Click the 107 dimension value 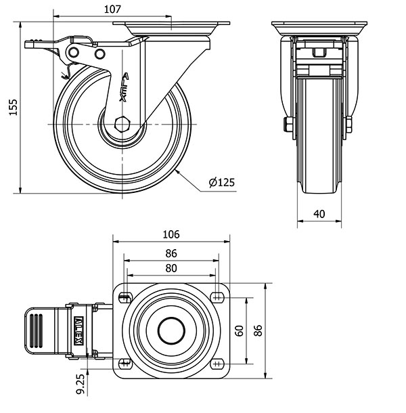113,9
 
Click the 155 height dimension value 12,106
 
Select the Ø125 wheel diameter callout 221,182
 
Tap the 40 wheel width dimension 319,214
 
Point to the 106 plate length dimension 171,234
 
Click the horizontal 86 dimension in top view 171,253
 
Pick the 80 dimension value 171,268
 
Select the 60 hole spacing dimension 238,330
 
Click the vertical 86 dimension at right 257,330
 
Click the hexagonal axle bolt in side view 122,125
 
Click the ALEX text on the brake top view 80,330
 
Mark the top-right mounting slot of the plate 217,297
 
